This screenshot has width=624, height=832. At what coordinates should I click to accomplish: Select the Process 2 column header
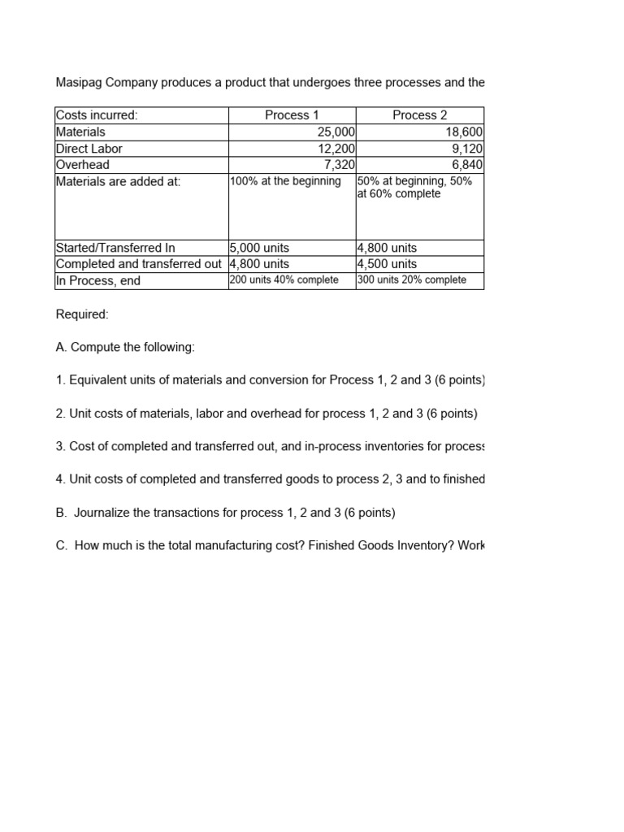(x=419, y=115)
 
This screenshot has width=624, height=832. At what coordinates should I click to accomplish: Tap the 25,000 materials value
(x=335, y=132)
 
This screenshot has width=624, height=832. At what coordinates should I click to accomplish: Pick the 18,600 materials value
(x=464, y=132)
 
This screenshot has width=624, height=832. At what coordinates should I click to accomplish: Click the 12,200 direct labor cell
(x=336, y=149)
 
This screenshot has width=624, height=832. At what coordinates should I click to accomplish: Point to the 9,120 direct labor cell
(x=467, y=149)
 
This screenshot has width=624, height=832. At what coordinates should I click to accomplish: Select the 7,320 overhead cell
(x=339, y=165)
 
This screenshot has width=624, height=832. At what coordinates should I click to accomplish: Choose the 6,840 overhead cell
(x=467, y=165)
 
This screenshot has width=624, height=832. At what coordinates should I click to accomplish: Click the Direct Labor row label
(x=89, y=149)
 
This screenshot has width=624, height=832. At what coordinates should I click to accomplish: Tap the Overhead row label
(x=83, y=165)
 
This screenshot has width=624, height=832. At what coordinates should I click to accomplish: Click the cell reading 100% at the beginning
(x=285, y=181)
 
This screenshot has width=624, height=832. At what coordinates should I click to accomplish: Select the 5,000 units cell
(x=259, y=248)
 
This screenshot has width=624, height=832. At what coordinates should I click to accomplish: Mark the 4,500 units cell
(x=387, y=264)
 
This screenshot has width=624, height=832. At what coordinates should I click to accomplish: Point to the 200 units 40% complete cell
(x=284, y=280)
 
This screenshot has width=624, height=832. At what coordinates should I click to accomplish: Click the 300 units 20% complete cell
(x=412, y=280)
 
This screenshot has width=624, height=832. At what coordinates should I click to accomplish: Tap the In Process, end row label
(x=98, y=281)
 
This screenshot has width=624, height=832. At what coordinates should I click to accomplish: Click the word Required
(x=82, y=314)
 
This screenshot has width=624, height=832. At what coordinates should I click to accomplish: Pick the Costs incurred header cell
(x=97, y=115)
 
